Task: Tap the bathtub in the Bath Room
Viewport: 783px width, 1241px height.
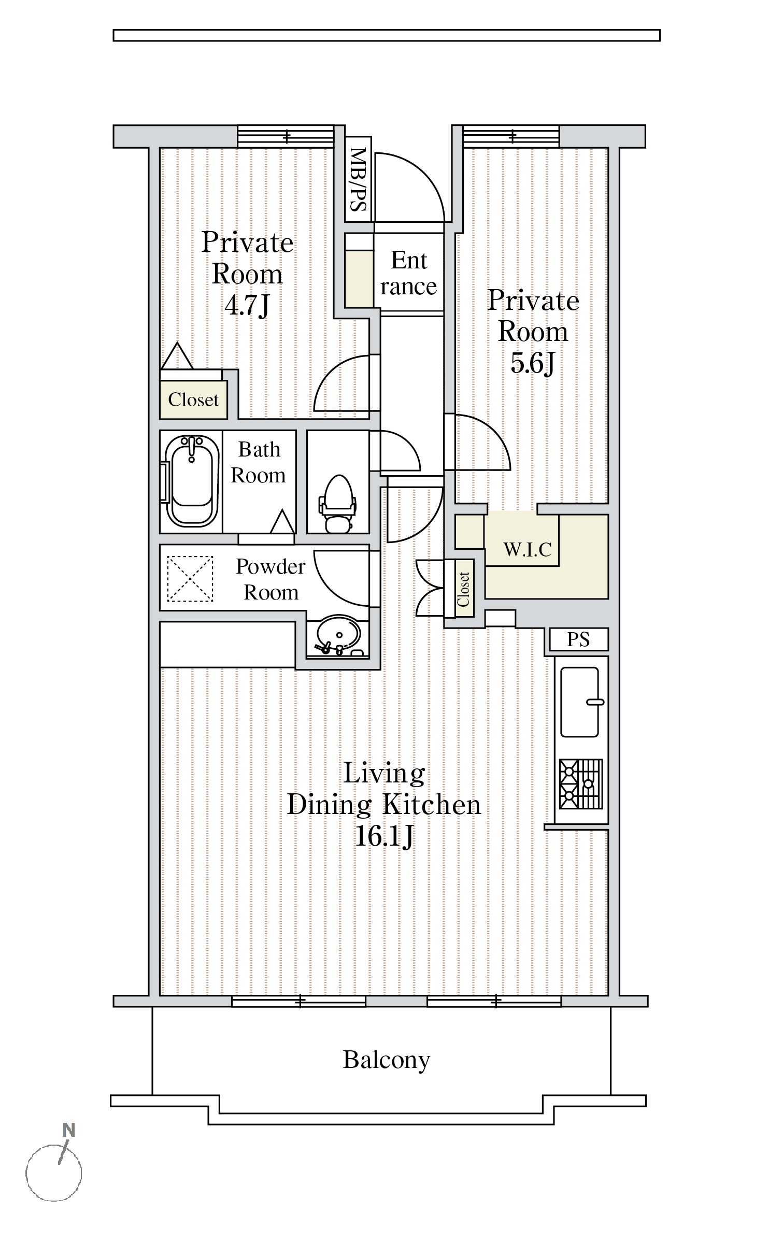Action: coord(191,481)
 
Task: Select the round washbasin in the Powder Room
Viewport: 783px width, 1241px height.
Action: coord(338,636)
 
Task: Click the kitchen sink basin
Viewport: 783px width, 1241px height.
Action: coord(580,702)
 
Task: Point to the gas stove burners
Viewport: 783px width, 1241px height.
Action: coord(580,784)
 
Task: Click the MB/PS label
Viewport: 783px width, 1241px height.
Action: coord(359,179)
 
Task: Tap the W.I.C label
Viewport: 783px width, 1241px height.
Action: coord(528,549)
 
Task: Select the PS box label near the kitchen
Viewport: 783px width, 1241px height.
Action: coord(578,639)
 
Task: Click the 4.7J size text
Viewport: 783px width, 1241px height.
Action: coord(247,306)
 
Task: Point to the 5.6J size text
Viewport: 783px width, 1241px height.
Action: coord(533,363)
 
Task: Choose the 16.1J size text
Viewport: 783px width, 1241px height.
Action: coord(384,836)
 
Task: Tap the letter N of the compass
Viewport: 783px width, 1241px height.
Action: coord(68,1130)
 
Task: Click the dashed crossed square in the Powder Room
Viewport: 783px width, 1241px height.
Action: coord(190,579)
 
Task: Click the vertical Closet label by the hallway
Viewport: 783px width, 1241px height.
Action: coord(463,589)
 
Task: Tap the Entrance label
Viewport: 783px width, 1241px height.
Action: coord(409,273)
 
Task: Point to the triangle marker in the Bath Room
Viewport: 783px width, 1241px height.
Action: coord(283,522)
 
